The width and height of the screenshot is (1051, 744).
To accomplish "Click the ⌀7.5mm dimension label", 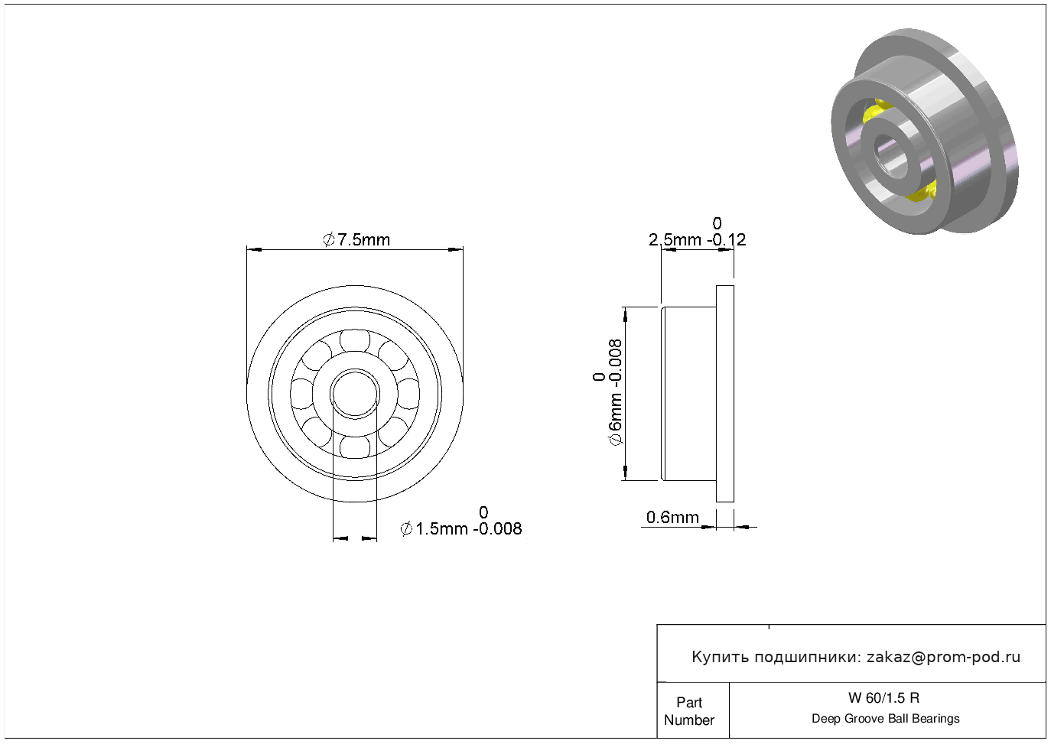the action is coord(356,239).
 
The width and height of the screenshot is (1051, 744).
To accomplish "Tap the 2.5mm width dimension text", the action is coord(675,239).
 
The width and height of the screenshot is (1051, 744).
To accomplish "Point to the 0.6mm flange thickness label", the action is coord(672,517).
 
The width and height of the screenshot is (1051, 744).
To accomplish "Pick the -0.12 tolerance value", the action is coord(727,239).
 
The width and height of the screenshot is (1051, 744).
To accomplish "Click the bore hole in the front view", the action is coord(355,394).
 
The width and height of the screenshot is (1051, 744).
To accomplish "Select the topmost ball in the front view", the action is coord(355,340).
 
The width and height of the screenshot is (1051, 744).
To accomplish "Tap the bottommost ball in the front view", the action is coord(355,447).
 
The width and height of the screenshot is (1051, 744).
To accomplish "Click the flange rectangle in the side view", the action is coord(725,394).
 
